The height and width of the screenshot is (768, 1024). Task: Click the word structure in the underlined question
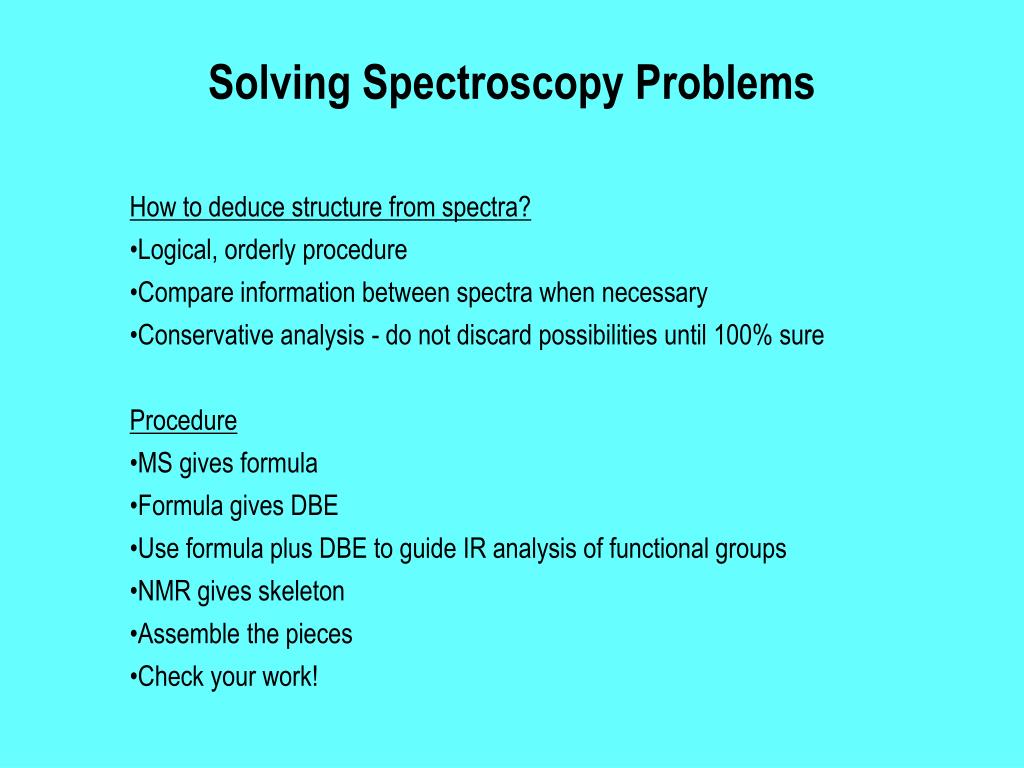[x=330, y=208]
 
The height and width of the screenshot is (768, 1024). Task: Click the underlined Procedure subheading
[x=183, y=421]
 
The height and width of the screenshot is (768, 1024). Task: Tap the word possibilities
[x=598, y=336]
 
